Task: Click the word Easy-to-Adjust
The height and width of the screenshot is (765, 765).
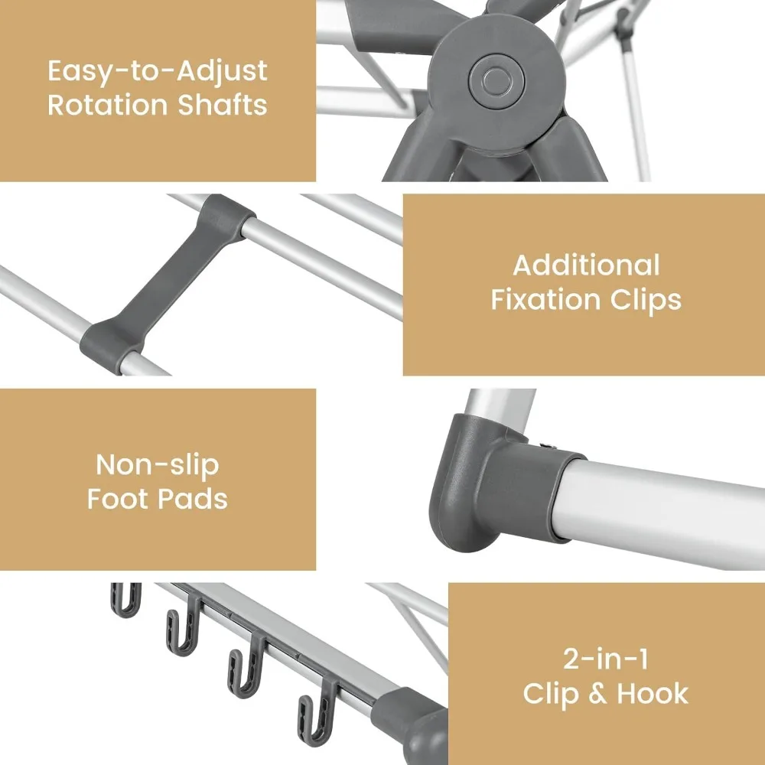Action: click(158, 71)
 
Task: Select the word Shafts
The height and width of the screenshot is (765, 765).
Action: click(223, 104)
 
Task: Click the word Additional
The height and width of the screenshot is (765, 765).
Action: click(587, 265)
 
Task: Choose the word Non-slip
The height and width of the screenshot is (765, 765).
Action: click(158, 465)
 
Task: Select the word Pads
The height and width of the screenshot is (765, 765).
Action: click(194, 499)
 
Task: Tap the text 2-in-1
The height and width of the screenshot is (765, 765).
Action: click(605, 659)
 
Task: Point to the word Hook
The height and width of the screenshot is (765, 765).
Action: click(653, 693)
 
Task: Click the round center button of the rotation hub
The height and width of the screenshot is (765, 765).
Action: click(496, 80)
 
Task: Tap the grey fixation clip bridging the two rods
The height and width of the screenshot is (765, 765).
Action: click(166, 284)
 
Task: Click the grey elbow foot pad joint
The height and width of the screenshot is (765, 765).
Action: click(503, 483)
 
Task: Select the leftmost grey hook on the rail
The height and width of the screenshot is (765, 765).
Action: click(126, 600)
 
